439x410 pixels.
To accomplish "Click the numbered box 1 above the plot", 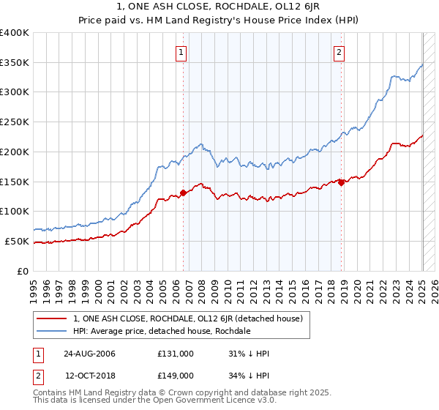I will click(180, 51).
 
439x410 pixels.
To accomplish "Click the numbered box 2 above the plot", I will click(340, 51).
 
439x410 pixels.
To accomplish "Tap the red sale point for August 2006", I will click(183, 193).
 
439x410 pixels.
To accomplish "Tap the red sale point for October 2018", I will click(341, 182).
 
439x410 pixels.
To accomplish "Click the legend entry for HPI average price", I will click(162, 331).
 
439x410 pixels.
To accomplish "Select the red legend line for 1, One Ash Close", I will click(51, 318).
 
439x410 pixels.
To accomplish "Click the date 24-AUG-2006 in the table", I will click(89, 354).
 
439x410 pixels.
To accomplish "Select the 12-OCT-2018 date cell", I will click(89, 375).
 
